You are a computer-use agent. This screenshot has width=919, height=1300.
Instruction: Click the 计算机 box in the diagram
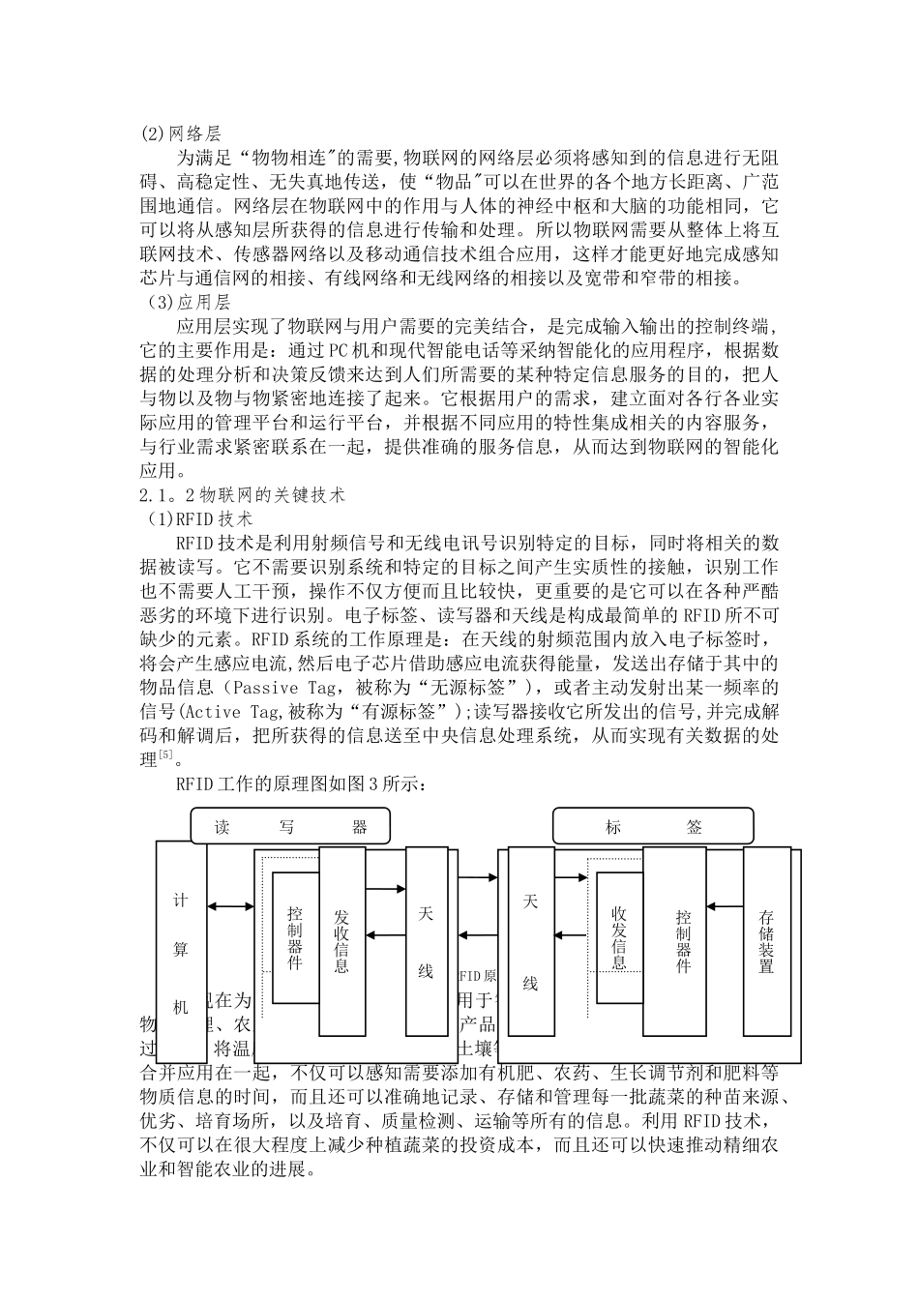181,952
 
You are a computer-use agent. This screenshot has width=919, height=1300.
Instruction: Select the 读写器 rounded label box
291,827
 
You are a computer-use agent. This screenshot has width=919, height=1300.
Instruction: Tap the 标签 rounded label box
653,827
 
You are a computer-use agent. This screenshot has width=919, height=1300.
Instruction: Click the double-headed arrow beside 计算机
231,906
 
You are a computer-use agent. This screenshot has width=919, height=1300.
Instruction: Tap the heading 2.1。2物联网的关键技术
242,494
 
